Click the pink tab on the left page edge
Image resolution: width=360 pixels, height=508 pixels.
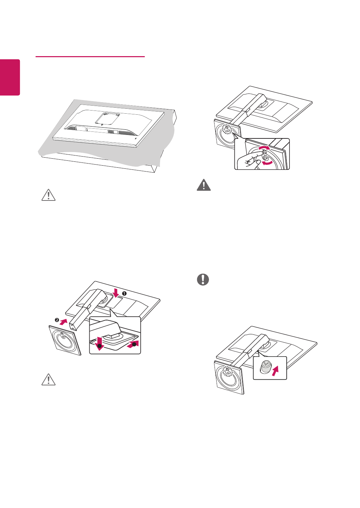pos(10,77)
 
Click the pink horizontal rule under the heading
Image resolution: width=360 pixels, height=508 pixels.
pos(90,56)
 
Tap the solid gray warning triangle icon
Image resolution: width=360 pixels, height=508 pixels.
pos(204,185)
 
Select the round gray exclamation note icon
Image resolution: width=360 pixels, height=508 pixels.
pos(203,279)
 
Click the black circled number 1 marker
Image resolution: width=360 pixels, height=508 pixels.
pos(124,293)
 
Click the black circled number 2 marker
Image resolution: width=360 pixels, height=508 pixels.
pos(57,320)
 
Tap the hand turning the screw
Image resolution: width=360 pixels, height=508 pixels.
pos(249,160)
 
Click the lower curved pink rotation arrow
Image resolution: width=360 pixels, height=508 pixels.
pos(268,163)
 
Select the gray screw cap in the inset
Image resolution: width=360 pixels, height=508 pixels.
pos(265,367)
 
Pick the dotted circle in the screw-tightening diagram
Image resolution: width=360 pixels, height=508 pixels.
pos(227,129)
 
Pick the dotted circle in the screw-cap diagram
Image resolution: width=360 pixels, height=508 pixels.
pos(227,372)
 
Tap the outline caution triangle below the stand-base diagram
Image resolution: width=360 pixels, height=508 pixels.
pos(48,379)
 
